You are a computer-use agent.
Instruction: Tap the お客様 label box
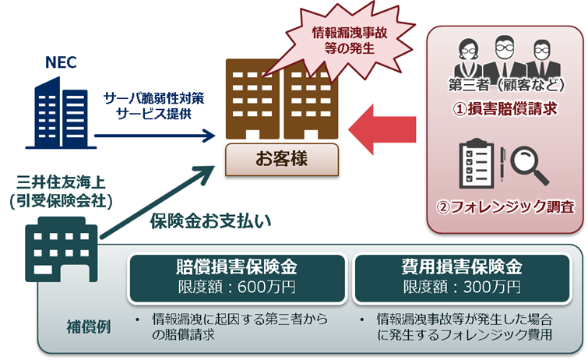coord(281,160)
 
